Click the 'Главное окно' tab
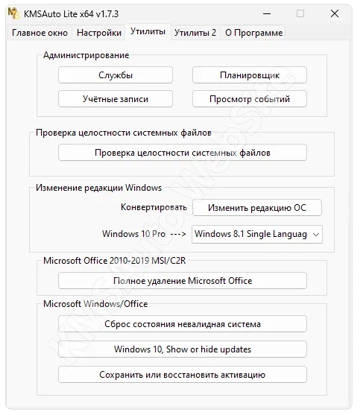pos(40,33)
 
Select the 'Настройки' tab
pos(99,33)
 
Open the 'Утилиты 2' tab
pos(195,33)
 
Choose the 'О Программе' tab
pos(253,33)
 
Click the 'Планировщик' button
pos(250,75)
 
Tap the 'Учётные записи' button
pos(116,98)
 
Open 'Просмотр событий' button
pos(250,98)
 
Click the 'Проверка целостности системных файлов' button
pos(182,153)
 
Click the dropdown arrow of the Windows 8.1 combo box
pos(316,234)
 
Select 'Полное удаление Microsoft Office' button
pos(182,281)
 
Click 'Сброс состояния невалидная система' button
pos(182,324)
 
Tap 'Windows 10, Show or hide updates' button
pos(182,349)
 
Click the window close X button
pos(335,13)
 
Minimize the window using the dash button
pos(265,13)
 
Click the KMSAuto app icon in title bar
pos(13,13)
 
